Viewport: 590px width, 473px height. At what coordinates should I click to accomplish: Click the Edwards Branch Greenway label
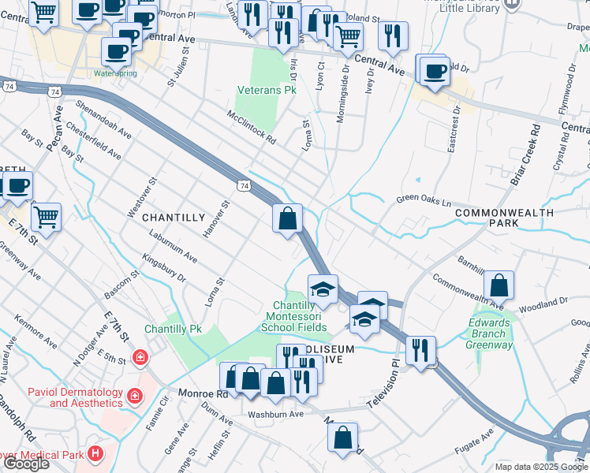pos(489,333)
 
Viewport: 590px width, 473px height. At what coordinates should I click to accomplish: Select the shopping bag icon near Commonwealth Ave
pos(499,284)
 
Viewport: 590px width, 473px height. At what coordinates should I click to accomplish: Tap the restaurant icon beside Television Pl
pos(420,348)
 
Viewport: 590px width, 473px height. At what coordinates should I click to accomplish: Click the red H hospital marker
pos(95,453)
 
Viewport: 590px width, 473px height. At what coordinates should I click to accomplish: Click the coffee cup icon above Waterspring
pos(116,51)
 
